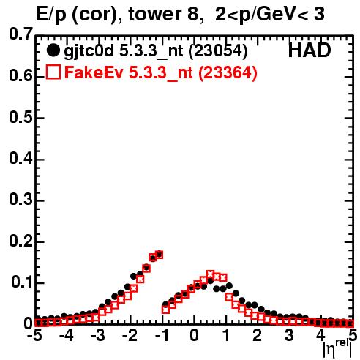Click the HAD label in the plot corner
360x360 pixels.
[x=310, y=50]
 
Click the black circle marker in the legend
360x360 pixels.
[x=53, y=50]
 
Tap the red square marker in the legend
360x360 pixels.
[x=53, y=72]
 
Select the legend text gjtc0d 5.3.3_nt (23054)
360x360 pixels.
[x=156, y=51]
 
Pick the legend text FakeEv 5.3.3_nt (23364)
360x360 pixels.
[x=161, y=72]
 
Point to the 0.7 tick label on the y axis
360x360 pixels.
[x=20, y=34]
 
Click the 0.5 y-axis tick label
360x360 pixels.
[x=20, y=117]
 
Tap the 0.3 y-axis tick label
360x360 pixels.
[x=20, y=200]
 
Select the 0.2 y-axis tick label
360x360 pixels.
[x=20, y=241]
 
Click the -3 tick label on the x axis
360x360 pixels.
[x=97, y=335]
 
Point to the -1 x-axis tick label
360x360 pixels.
[x=162, y=335]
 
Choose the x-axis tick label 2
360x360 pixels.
[x=257, y=335]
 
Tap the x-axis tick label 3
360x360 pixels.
[x=289, y=335]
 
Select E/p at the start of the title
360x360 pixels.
[x=50, y=15]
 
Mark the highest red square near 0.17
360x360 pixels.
[x=160, y=255]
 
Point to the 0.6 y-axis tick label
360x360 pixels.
[x=20, y=76]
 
